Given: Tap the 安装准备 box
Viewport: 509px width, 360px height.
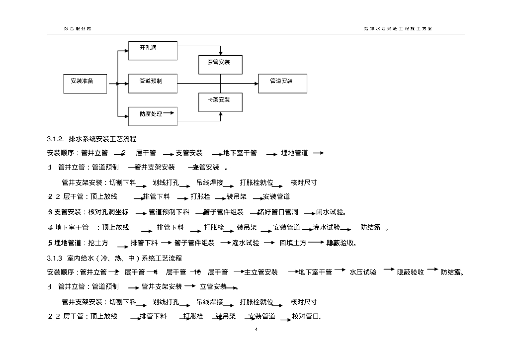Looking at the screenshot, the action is [x=85, y=83].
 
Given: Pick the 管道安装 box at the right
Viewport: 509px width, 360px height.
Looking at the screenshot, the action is [x=282, y=83].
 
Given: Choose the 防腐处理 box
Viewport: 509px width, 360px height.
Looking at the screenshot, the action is [x=153, y=115].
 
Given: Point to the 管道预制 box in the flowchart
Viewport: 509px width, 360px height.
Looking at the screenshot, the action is [x=153, y=83].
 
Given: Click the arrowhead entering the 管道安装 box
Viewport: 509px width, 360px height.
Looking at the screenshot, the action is [x=255, y=83].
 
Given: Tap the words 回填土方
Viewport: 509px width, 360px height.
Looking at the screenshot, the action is [x=293, y=243].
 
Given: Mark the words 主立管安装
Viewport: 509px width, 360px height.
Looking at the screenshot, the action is [x=261, y=272].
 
